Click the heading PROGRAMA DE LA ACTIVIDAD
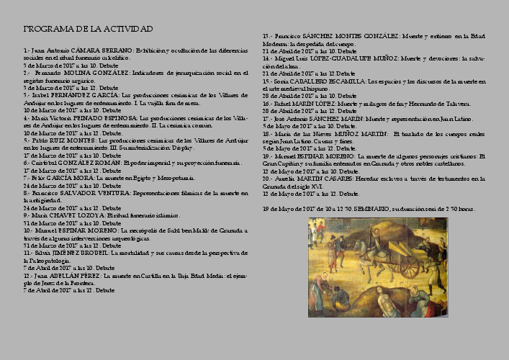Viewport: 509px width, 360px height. (x=88, y=29)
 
